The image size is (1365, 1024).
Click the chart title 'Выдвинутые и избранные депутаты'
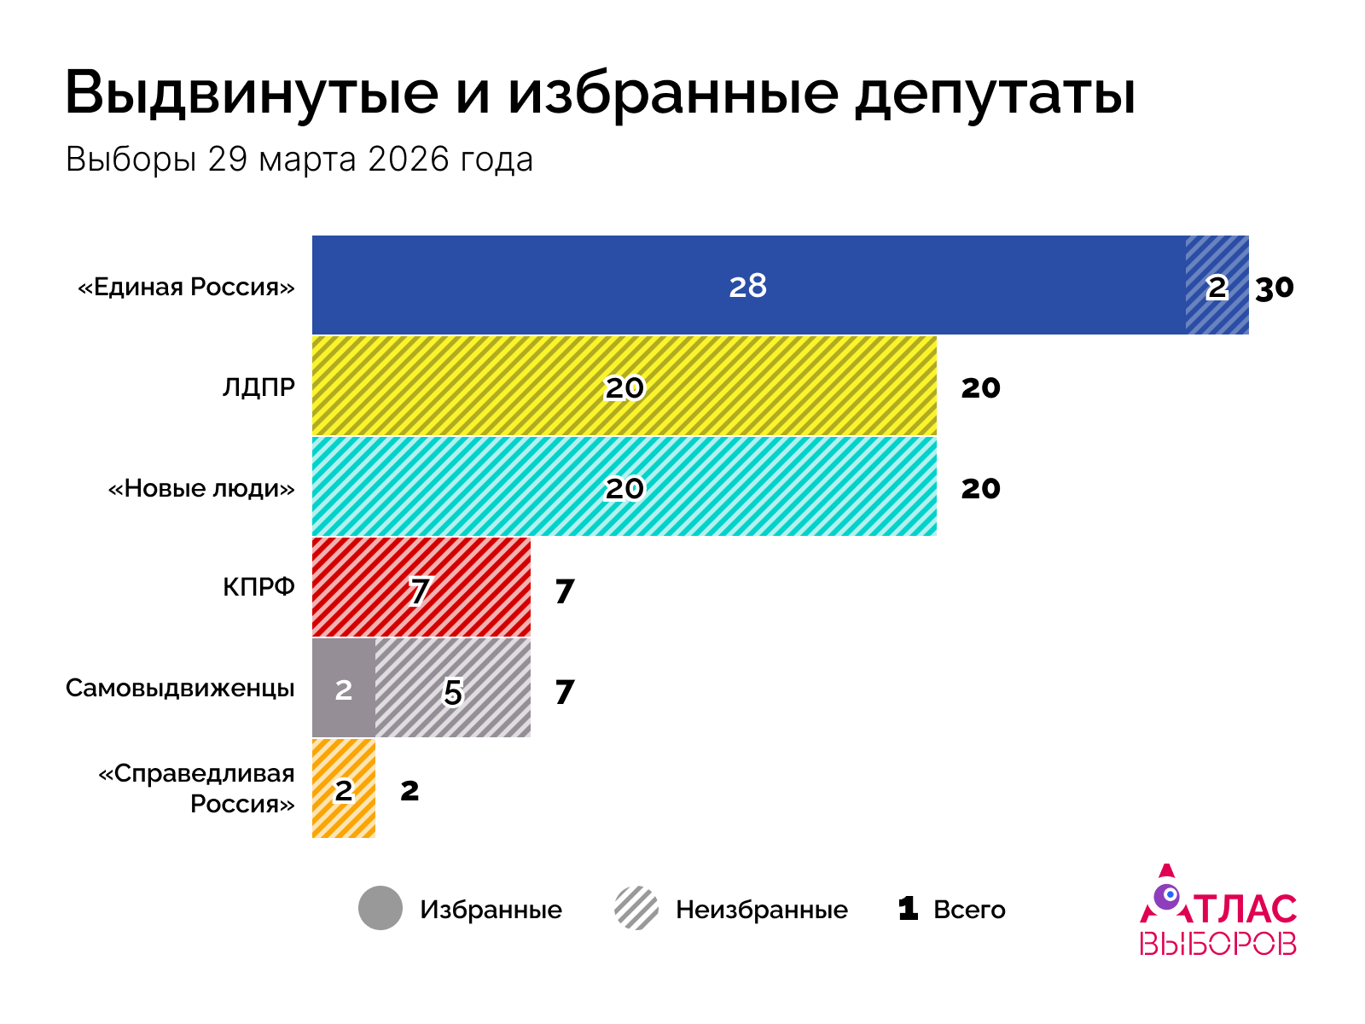tap(600, 92)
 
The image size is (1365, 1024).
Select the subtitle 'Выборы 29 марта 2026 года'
tap(299, 160)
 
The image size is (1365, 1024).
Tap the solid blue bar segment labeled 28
tap(748, 285)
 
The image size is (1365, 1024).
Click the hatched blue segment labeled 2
tap(1217, 285)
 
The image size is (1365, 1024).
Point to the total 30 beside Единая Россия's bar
tap(1275, 288)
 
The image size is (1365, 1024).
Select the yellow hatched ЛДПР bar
tap(624, 387)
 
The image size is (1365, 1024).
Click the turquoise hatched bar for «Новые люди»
tap(624, 487)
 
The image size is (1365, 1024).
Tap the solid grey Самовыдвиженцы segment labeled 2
tap(343, 689)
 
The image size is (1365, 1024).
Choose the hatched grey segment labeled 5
tap(453, 689)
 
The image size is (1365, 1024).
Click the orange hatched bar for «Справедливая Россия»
tap(343, 789)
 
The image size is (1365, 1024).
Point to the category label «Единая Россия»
tap(186, 287)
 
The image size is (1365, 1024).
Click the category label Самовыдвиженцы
tap(180, 688)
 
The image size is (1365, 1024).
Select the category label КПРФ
tap(258, 587)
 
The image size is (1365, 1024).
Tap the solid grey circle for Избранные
tap(380, 908)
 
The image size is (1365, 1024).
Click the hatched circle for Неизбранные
tap(636, 908)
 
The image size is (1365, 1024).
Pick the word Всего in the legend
tap(969, 910)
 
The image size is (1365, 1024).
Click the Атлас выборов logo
tap(1218, 911)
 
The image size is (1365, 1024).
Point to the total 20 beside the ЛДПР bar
tap(980, 388)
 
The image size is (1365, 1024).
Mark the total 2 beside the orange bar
tap(409, 791)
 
